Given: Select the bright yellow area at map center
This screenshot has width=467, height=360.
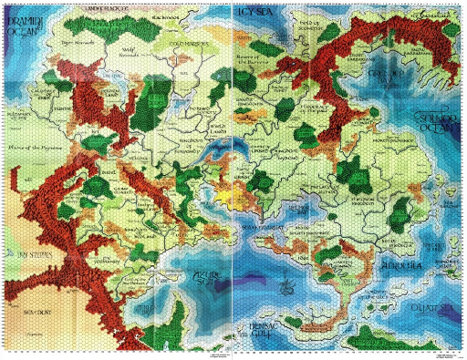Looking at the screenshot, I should [227, 193].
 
